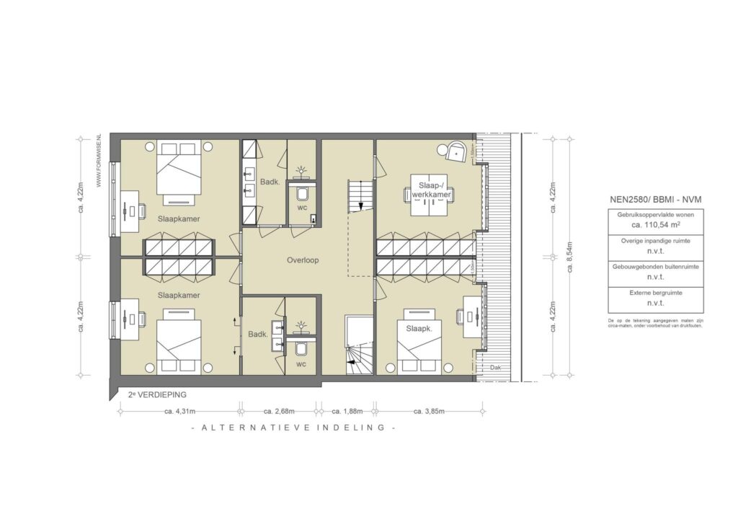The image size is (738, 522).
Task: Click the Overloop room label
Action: point(301,260)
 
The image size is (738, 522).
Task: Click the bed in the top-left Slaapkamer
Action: point(177,172)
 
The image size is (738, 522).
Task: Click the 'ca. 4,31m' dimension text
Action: point(177,412)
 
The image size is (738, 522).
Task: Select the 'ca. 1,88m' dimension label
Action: point(346,412)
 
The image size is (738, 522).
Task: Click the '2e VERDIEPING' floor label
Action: point(157,395)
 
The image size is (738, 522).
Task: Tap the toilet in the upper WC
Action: point(301,193)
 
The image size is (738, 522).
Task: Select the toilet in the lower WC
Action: point(301,350)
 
